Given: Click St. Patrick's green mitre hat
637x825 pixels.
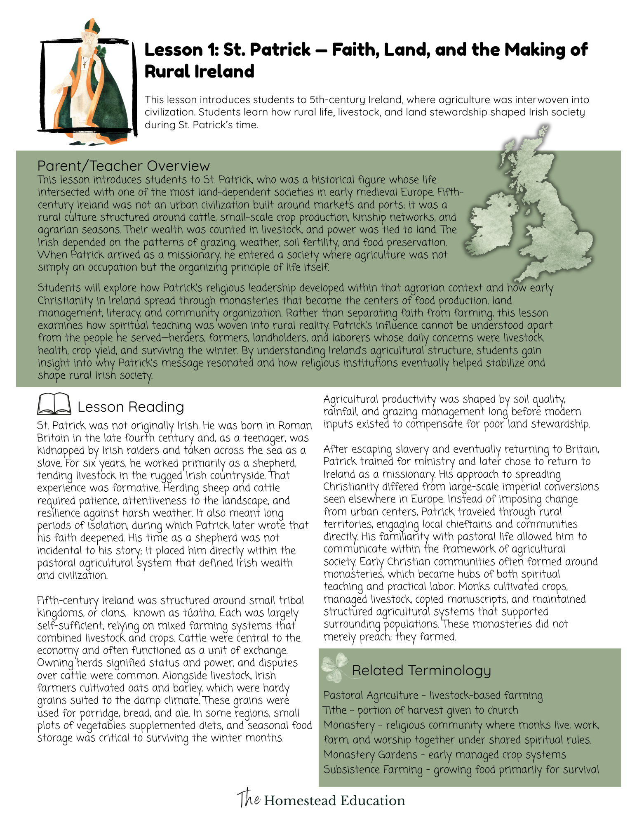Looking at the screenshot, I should pyautogui.click(x=92, y=28).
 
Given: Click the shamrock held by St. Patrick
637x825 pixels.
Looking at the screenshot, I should pyautogui.click(x=101, y=52).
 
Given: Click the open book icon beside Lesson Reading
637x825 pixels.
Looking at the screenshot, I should pyautogui.click(x=54, y=404).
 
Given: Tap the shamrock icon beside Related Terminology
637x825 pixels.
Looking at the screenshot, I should pyautogui.click(x=334, y=667).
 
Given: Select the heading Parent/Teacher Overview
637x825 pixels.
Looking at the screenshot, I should pyautogui.click(x=123, y=166).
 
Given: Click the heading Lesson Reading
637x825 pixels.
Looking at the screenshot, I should pyautogui.click(x=131, y=407).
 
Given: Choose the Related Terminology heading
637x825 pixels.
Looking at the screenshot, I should pyautogui.click(x=421, y=670).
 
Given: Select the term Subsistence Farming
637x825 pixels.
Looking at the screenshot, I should pyautogui.click(x=373, y=769).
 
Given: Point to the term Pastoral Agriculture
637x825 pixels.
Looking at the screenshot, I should pyautogui.click(x=371, y=695).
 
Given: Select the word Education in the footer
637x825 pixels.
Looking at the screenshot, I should pyautogui.click(x=372, y=801).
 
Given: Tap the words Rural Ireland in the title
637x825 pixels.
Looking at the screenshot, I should pyautogui.click(x=199, y=71).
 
